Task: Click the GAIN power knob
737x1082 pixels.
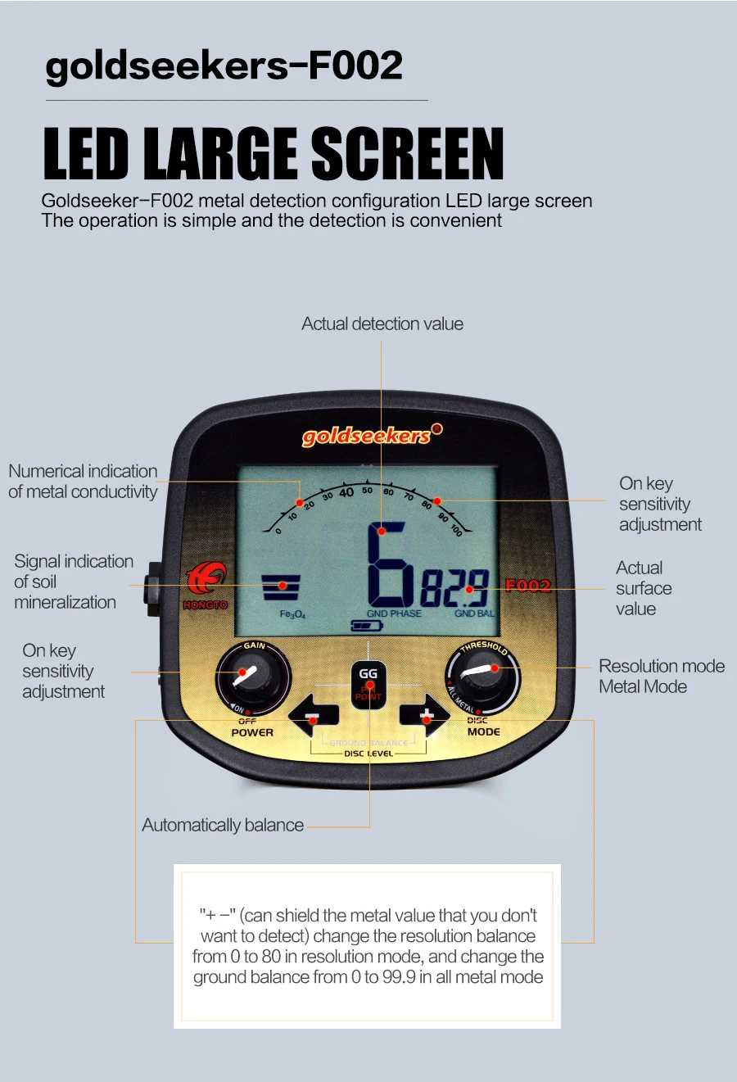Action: (252, 677)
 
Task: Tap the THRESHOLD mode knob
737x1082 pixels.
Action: (483, 677)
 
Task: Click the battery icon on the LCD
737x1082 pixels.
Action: (366, 626)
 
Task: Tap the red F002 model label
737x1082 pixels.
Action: (528, 585)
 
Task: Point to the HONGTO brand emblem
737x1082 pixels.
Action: (205, 583)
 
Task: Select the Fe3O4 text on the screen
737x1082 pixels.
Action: (292, 614)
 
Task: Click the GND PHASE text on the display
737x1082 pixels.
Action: (394, 613)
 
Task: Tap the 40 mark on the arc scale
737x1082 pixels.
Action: (346, 493)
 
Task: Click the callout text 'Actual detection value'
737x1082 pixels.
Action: (382, 324)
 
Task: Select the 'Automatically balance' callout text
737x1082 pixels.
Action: (223, 826)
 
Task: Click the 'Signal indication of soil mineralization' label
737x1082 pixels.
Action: (73, 582)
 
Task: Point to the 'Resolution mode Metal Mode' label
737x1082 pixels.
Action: (661, 677)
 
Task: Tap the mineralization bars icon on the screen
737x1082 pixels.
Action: (281, 587)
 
